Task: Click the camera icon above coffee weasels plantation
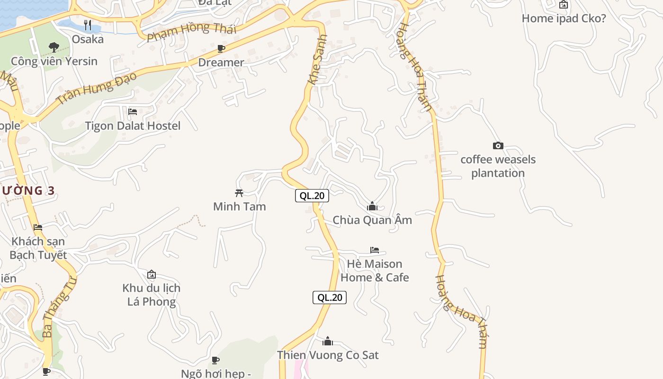tap(498, 145)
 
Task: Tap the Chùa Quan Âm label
tap(372, 220)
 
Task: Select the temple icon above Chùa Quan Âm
tap(372, 206)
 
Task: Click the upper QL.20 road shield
tap(312, 195)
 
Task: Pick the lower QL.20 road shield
tap(330, 298)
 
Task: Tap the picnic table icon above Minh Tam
tap(239, 193)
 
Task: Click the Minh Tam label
tap(239, 207)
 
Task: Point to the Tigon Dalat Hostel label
tap(133, 126)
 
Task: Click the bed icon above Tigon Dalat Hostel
tap(133, 112)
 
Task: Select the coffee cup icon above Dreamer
tap(221, 48)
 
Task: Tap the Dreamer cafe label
tap(221, 62)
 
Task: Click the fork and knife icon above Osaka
tap(88, 25)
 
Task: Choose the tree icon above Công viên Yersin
tap(54, 47)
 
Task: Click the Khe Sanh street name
tap(318, 60)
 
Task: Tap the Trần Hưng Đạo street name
tap(97, 88)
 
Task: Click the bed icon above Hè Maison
tap(375, 250)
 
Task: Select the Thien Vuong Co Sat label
tap(328, 355)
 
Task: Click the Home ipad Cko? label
tap(564, 18)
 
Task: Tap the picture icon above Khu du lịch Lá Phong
tap(152, 274)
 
